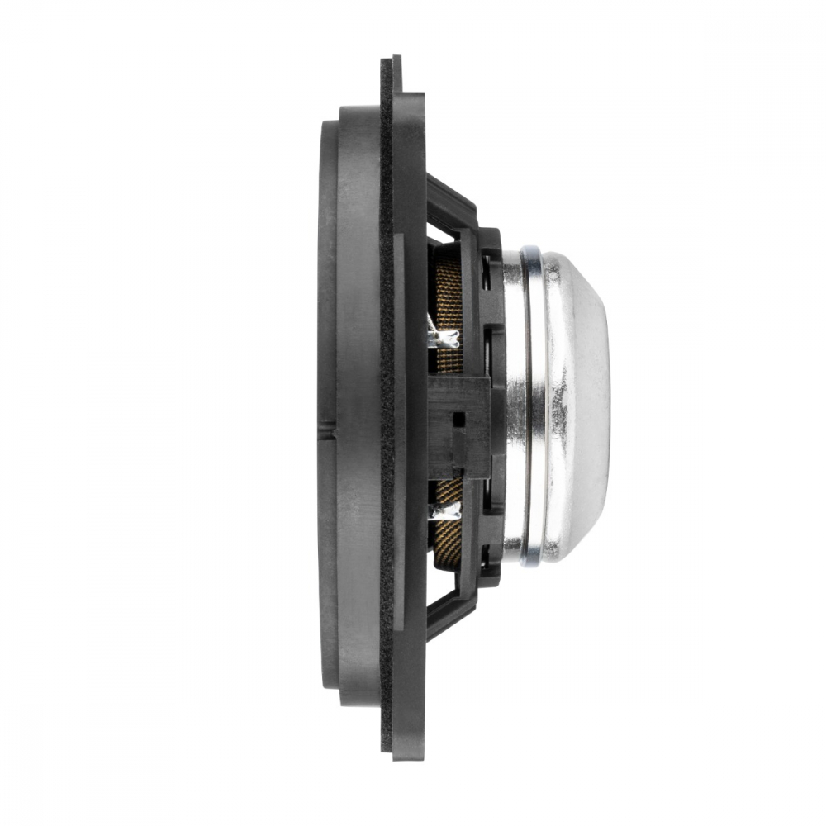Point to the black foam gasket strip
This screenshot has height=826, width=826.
point(386,413)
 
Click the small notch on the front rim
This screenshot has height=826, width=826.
point(328,427)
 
